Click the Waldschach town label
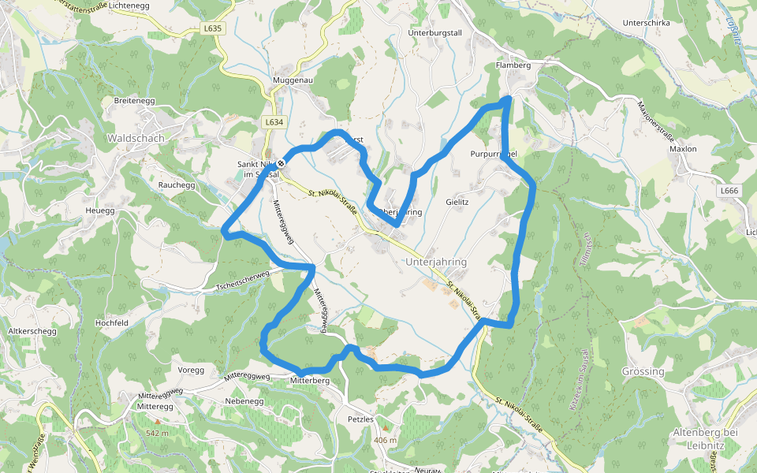[135, 138]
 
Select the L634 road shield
[273, 122]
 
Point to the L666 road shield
[729, 191]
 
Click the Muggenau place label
[293, 81]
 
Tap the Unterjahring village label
[436, 262]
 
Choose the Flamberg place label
[513, 65]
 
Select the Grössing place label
[643, 371]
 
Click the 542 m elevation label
[157, 434]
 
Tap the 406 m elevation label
[386, 440]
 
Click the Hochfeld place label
[111, 323]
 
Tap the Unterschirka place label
[646, 23]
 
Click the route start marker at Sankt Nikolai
[281, 163]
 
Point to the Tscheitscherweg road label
[243, 281]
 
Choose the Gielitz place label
[457, 203]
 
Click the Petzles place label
[360, 419]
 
